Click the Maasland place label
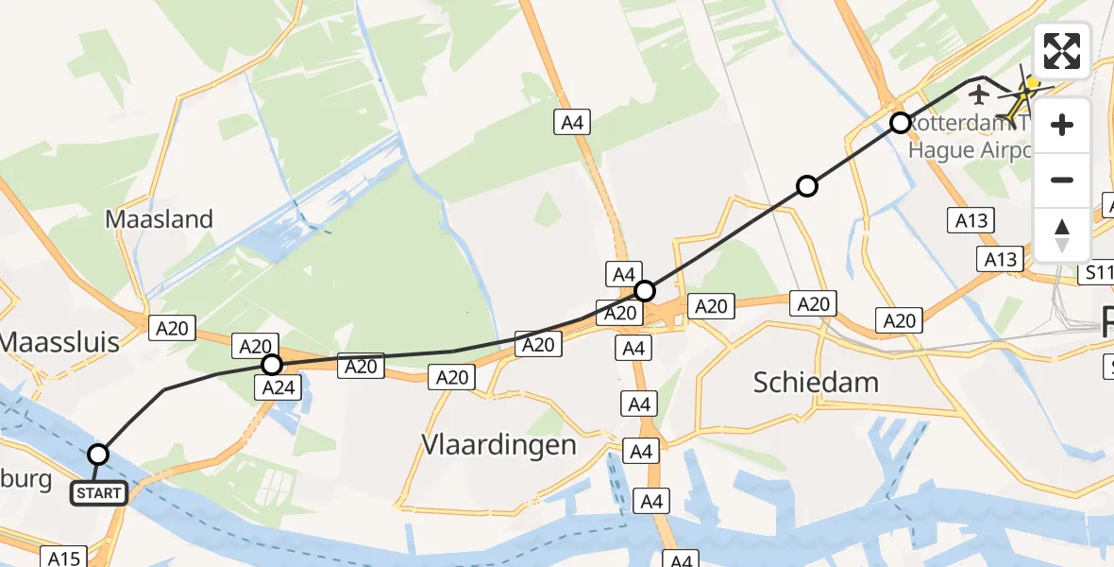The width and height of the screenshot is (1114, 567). (x=159, y=219)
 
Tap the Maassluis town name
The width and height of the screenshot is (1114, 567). (x=60, y=341)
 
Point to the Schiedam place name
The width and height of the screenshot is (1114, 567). (x=816, y=383)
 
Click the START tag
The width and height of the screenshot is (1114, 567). (x=98, y=493)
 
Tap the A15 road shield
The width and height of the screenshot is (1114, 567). (x=64, y=558)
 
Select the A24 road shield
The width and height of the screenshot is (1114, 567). (x=281, y=387)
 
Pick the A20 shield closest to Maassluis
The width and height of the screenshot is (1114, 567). (x=172, y=328)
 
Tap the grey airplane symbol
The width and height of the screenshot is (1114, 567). (x=979, y=94)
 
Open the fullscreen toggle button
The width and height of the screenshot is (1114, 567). (x=1062, y=51)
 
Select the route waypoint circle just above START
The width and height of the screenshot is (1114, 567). (x=98, y=455)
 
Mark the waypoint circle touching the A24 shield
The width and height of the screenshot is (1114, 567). (x=272, y=365)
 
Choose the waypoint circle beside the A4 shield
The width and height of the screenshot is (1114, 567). (x=645, y=290)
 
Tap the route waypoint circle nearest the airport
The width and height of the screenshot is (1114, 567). (x=901, y=123)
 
